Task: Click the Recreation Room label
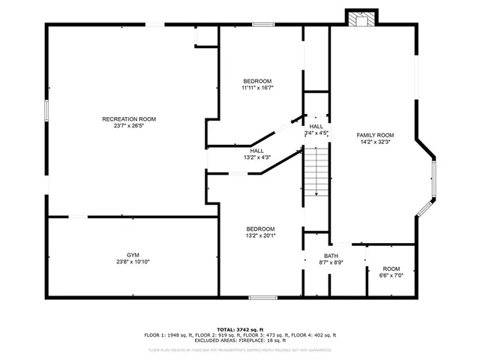(x=129, y=119)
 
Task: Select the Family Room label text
(x=375, y=134)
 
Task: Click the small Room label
(x=391, y=268)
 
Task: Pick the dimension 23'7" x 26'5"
(x=129, y=126)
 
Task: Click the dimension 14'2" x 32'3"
(x=375, y=141)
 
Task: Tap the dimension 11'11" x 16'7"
(x=257, y=88)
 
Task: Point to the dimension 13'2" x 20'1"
(x=261, y=235)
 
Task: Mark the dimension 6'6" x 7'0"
(x=391, y=275)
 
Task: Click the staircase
(x=317, y=172)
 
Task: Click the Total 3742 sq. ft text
(x=239, y=329)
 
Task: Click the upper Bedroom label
(x=257, y=81)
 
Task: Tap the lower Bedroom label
(x=261, y=229)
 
